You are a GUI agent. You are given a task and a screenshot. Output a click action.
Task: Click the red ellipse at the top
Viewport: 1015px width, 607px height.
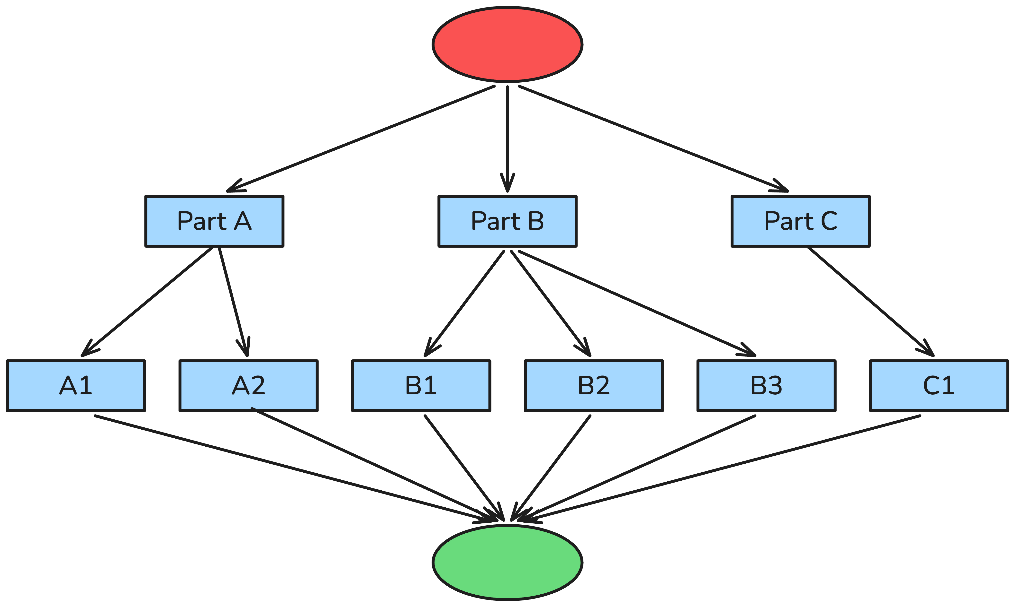507,44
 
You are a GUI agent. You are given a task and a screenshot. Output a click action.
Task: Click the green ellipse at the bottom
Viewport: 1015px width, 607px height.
507,563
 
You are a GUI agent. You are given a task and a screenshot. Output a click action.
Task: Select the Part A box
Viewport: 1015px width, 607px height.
214,221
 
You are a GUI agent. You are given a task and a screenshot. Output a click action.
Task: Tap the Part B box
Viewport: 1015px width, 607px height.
507,221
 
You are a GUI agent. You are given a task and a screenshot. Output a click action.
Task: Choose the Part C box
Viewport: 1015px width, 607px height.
800,221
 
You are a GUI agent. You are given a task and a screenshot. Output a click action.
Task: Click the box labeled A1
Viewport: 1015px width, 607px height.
76,386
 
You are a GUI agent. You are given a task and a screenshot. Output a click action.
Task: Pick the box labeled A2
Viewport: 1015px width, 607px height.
249,386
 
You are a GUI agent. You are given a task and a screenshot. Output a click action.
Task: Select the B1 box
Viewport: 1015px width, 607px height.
421,386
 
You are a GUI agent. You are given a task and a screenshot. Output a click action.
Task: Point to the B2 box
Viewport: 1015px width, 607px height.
594,386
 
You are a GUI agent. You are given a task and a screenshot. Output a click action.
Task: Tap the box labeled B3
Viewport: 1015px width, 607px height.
766,386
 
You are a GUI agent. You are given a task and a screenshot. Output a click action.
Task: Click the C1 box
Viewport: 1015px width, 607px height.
939,386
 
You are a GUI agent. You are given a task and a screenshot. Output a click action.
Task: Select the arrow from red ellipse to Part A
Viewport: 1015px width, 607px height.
360,139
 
